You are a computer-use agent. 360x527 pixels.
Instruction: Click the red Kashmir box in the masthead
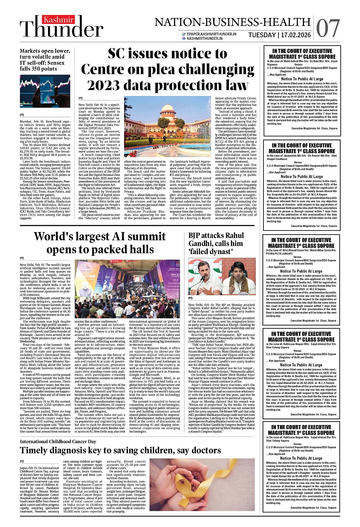click(x=59, y=20)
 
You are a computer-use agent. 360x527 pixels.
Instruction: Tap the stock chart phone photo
click(x=45, y=92)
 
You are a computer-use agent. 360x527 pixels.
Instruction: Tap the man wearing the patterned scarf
click(x=238, y=281)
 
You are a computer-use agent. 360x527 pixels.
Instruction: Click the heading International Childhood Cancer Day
click(x=58, y=441)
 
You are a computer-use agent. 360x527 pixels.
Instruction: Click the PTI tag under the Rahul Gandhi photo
click(x=190, y=298)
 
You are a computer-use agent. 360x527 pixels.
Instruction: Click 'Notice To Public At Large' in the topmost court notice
click(x=302, y=79)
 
